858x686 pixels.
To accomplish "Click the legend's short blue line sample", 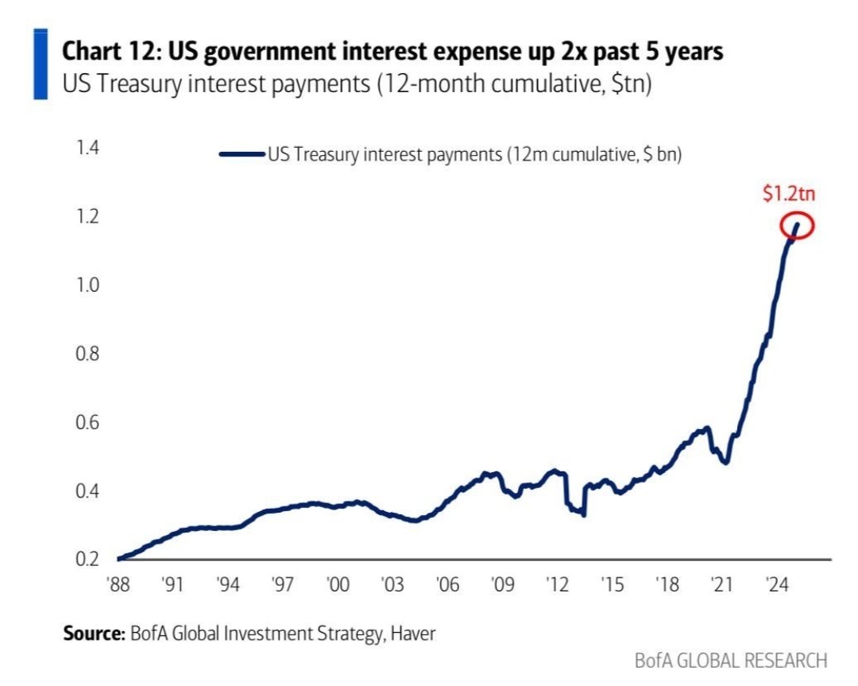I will tap(242, 156).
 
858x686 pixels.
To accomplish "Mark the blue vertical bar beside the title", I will tap(40, 64).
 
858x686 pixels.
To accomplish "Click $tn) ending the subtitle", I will tap(628, 83).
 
